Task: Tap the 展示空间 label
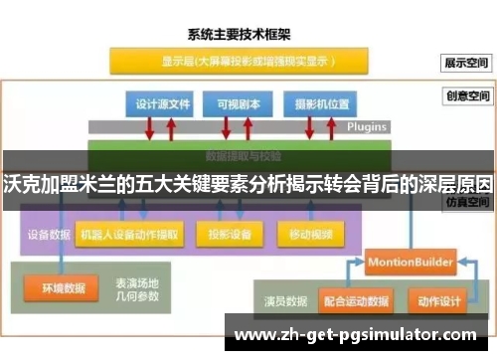pos(466,62)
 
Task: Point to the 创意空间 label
pos(466,97)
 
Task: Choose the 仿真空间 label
pos(466,201)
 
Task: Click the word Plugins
pos(367,127)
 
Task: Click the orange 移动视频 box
pos(311,236)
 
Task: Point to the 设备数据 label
pos(47,236)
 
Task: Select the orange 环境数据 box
pos(62,289)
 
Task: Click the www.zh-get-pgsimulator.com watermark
pos(360,335)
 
